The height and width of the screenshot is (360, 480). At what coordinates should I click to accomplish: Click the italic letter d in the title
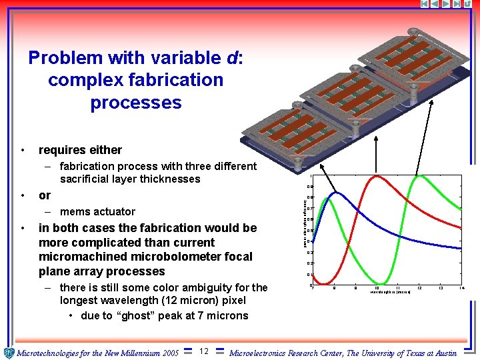[x=233, y=58]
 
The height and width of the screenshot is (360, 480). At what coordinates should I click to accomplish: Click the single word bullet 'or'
[x=45, y=195]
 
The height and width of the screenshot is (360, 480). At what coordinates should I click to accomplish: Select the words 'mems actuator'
[x=97, y=212]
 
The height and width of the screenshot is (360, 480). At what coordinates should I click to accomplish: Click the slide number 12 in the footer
[x=204, y=351]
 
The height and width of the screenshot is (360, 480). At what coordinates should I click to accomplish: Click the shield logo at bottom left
[x=8, y=353]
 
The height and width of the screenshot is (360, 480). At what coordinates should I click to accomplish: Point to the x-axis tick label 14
[x=461, y=288]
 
